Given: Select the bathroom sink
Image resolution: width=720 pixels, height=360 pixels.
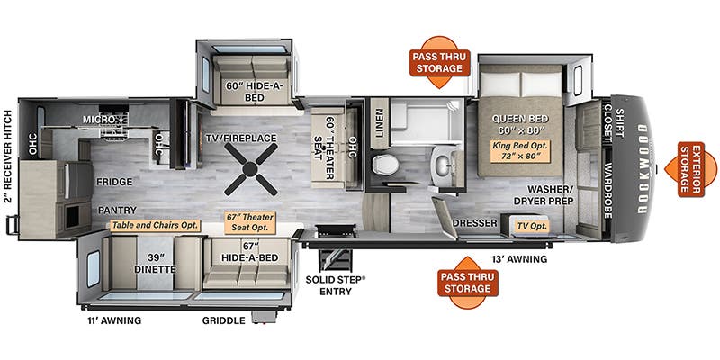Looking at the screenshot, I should (x=443, y=164).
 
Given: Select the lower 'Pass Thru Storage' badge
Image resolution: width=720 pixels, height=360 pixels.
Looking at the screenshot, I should (x=465, y=283).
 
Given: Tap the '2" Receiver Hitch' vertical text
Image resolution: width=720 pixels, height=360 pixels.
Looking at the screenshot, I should (x=8, y=158).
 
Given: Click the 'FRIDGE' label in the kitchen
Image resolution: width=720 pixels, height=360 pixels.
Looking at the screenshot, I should (x=116, y=179).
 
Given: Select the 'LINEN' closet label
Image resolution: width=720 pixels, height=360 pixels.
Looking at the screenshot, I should (x=379, y=125).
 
